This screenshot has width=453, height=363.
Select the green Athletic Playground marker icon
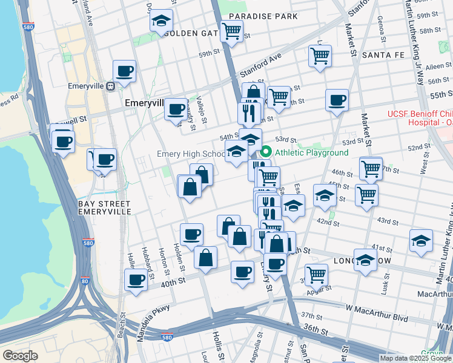(266, 152)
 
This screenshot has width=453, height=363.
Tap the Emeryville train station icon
(110, 87)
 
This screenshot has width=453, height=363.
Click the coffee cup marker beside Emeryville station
(124, 71)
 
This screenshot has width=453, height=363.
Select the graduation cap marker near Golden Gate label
(161, 21)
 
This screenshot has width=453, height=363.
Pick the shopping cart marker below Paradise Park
(231, 31)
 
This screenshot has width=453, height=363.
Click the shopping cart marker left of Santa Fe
(319, 56)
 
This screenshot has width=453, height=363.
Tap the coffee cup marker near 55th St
(337, 100)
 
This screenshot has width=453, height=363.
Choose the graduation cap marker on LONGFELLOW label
(365, 260)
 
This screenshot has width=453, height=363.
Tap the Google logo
(20, 356)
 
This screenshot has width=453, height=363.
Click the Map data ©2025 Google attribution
(415, 358)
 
